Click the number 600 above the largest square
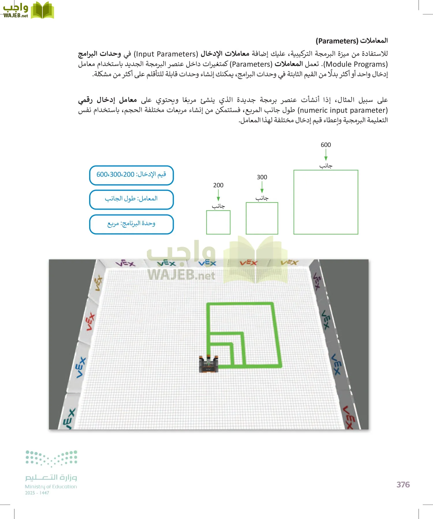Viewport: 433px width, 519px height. point(326,145)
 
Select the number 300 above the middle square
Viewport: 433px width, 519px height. point(262,177)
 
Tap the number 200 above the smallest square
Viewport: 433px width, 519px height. point(218,185)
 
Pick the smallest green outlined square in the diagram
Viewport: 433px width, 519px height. point(218,222)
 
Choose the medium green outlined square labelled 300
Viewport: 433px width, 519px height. point(262,218)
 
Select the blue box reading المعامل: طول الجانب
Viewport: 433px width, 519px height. point(131,199)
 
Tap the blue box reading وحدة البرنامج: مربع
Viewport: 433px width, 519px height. point(131,224)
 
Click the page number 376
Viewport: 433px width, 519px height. point(403,485)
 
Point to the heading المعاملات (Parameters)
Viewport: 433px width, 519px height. point(352,41)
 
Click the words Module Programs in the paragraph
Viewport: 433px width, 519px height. point(357,64)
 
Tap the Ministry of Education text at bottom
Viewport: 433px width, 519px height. point(51,486)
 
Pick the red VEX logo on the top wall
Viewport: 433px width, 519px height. point(248,263)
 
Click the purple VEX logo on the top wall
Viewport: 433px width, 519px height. point(125,263)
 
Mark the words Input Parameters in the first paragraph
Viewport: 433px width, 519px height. point(166,54)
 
